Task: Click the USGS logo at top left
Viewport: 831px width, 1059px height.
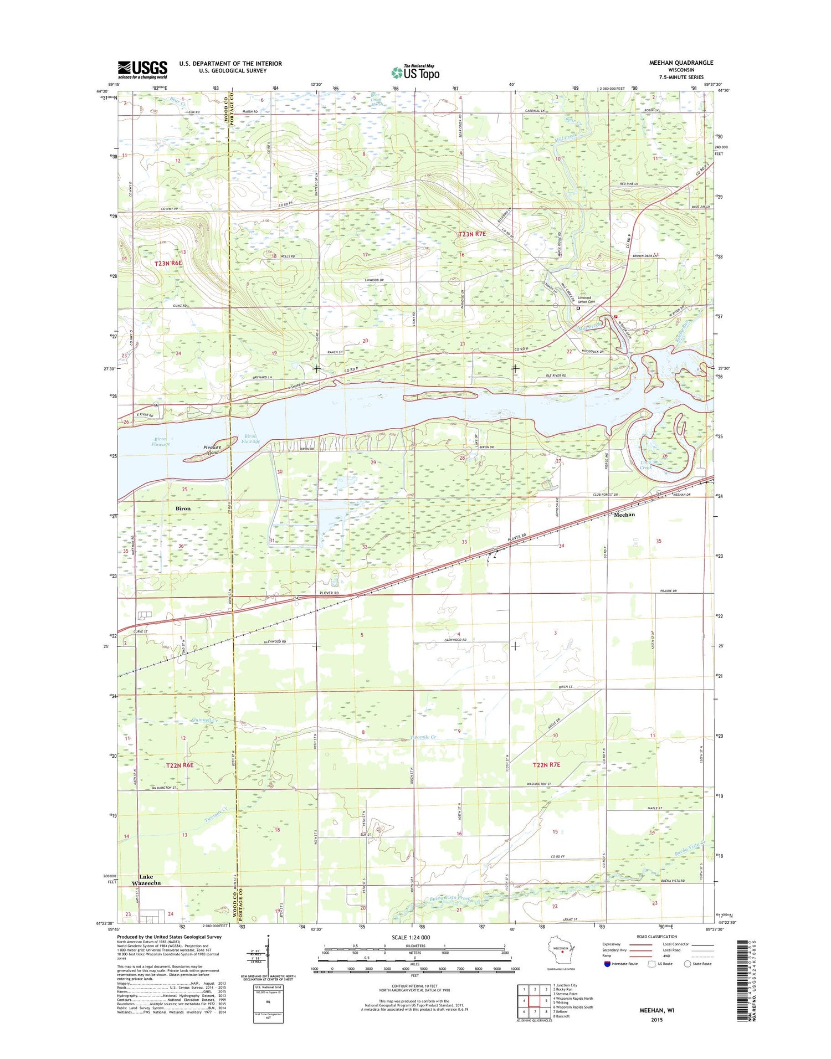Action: (x=142, y=69)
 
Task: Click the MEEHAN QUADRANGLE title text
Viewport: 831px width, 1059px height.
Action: (x=681, y=63)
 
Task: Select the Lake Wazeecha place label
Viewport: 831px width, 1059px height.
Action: (x=146, y=880)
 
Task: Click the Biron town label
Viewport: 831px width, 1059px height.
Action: (x=183, y=508)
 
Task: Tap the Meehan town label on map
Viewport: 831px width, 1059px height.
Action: (x=624, y=514)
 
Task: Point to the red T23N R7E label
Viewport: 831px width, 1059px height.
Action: (x=471, y=234)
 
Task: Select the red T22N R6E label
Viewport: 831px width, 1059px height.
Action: (x=180, y=765)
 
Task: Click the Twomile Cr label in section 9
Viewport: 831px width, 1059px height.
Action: (x=424, y=737)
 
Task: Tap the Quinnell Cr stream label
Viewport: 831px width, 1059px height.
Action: (x=204, y=720)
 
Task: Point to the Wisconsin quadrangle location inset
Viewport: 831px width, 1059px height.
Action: (x=561, y=953)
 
